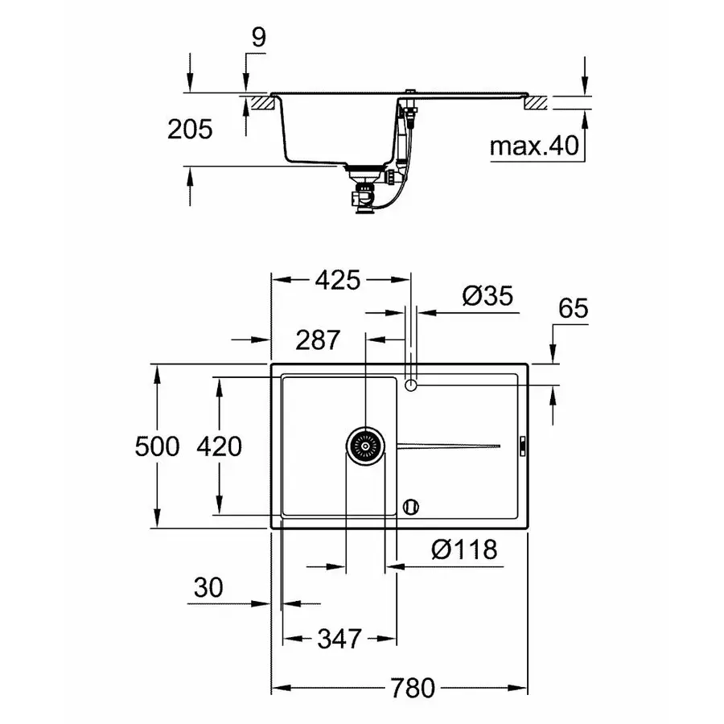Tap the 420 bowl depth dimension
[x=218, y=446]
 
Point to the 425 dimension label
[x=336, y=280]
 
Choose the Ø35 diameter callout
[x=487, y=296]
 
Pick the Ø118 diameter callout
[x=464, y=550]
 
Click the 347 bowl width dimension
[x=339, y=639]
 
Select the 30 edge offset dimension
[x=208, y=588]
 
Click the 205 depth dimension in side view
[x=190, y=129]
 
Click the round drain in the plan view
[x=365, y=445]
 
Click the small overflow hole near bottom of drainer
[x=411, y=506]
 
